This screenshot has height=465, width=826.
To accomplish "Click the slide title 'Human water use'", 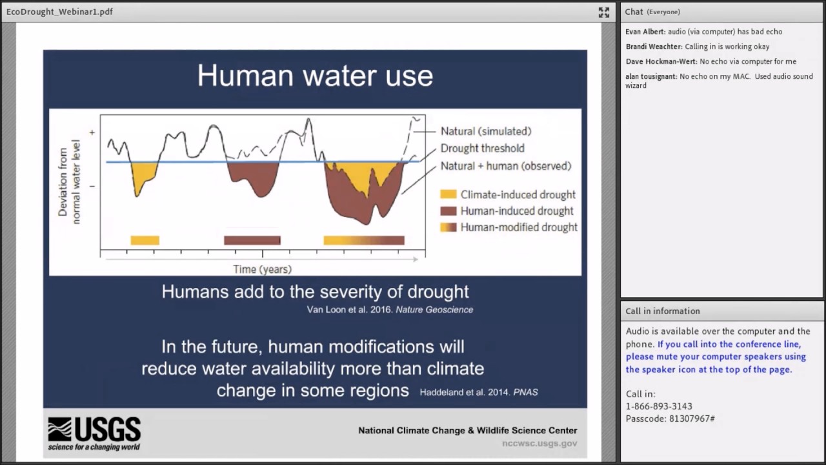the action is (316, 76).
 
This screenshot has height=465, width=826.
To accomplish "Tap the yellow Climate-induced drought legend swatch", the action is (448, 194).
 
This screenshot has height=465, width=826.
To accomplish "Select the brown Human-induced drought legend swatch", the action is (448, 211).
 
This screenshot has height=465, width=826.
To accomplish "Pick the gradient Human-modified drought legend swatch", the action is (448, 227).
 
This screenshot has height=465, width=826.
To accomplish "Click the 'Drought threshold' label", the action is (482, 149).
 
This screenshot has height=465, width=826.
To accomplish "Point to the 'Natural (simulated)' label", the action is (486, 131).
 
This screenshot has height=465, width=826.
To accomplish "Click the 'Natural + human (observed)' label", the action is (506, 166).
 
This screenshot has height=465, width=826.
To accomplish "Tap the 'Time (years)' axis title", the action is (262, 269).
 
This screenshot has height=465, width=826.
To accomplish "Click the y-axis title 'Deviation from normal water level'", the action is (69, 181).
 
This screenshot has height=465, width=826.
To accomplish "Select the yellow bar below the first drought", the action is (145, 240).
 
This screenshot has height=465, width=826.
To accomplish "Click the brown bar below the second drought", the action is (252, 240).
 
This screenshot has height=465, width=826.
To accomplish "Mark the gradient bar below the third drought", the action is (364, 240).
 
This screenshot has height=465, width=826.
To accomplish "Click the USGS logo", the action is (94, 433).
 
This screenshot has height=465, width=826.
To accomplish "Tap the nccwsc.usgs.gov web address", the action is (539, 443).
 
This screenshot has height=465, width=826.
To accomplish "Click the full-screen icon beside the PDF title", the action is (603, 12).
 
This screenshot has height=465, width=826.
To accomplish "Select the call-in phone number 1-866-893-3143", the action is (659, 406).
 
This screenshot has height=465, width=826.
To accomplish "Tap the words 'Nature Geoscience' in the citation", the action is (434, 309).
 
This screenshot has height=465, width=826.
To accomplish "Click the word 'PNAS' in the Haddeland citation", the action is (525, 392).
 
